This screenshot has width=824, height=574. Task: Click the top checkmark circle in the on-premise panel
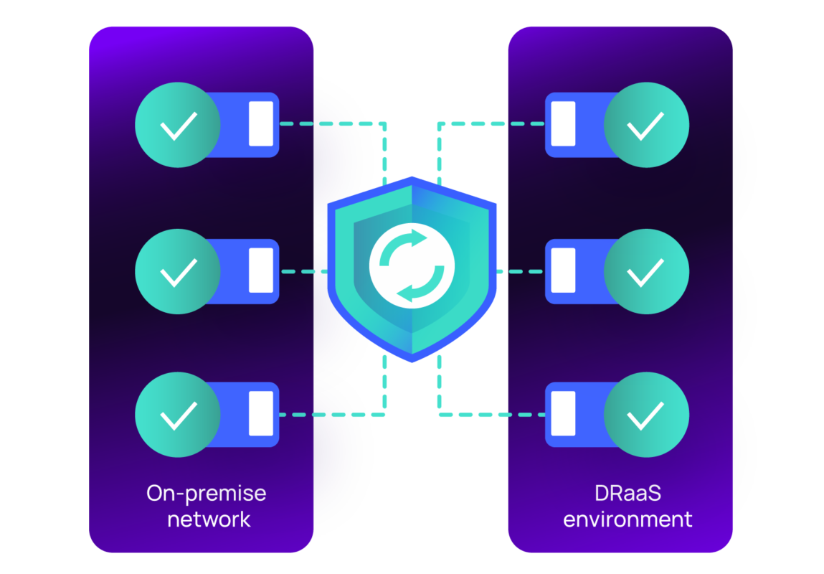(x=178, y=125)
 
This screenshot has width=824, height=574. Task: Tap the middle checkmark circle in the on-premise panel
(x=178, y=271)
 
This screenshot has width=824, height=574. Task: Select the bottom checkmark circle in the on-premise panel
(x=178, y=414)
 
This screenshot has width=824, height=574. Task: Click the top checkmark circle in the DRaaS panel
(x=646, y=125)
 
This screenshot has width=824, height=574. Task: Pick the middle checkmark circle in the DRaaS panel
(x=646, y=271)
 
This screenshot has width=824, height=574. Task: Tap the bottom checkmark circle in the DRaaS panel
(x=646, y=414)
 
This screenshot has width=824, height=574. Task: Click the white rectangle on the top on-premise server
(x=261, y=124)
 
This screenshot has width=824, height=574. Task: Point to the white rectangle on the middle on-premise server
(x=261, y=270)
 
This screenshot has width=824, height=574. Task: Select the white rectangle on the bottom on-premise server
(x=261, y=413)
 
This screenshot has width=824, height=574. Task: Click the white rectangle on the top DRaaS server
(x=563, y=124)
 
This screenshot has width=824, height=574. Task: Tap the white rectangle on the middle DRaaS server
(x=563, y=270)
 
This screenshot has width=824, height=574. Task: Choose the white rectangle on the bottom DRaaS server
(x=563, y=413)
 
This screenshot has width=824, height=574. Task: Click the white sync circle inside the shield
(x=412, y=266)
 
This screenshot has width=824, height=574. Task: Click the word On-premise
(x=206, y=494)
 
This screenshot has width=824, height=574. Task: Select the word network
(x=209, y=519)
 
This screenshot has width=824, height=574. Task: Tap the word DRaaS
(x=628, y=494)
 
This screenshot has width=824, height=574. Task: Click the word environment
(x=628, y=519)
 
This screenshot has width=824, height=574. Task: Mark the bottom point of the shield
(x=412, y=360)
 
